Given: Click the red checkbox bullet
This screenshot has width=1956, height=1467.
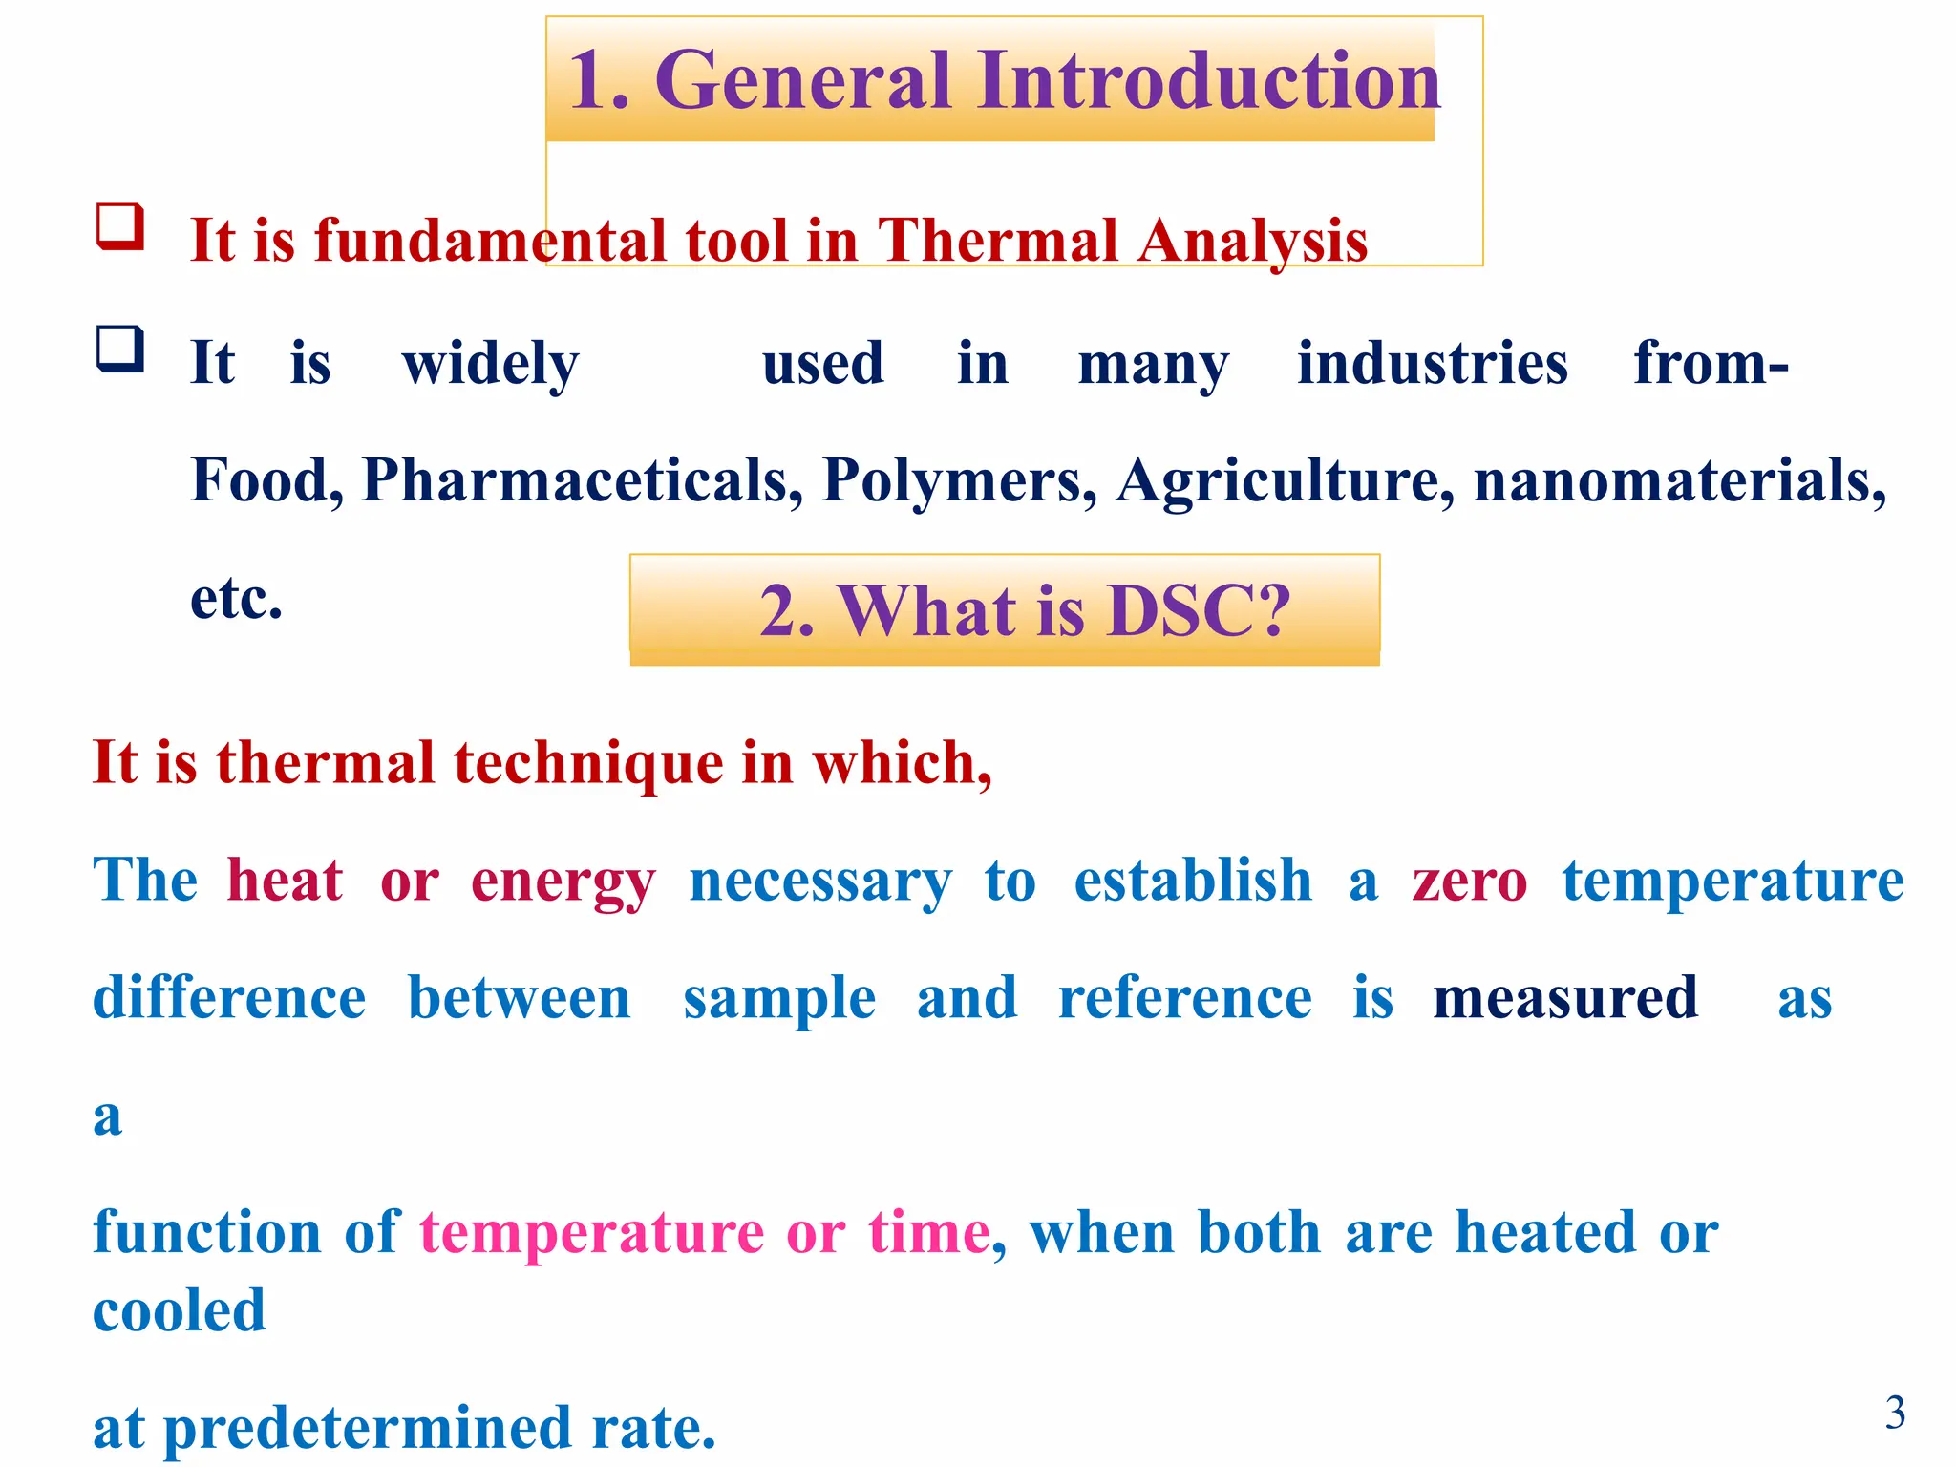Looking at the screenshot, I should [120, 227].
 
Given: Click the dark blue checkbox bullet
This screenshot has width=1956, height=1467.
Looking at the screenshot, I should [120, 350].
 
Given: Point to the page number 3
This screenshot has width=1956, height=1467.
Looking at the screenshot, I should [1895, 1413].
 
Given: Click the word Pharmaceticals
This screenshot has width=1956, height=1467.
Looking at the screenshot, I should [583, 479].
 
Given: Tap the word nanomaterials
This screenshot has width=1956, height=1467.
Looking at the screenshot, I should [1679, 479].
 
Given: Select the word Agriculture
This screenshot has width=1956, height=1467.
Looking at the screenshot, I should [1286, 479].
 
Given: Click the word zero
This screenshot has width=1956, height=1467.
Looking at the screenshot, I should [1470, 880].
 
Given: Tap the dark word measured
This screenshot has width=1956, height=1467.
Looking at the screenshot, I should [1565, 998].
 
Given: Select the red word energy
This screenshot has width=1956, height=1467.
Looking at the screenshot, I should [563, 882].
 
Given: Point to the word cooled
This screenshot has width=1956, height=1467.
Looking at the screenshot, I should [180, 1310].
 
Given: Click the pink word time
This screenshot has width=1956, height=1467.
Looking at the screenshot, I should [928, 1232].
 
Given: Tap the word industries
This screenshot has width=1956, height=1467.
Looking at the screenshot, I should [1432, 363].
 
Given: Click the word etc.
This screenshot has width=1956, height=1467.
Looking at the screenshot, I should [236, 599].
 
